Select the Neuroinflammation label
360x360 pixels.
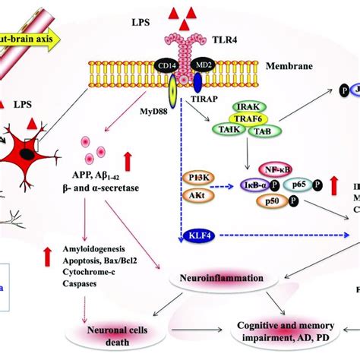click(x=218, y=278)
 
